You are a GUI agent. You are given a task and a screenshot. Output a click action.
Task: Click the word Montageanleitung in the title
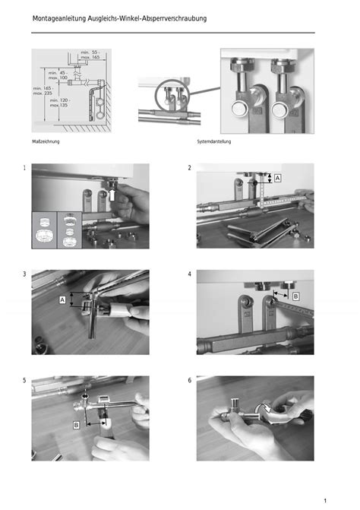coord(59,18)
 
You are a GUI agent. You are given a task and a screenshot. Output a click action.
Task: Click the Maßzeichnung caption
coord(46,142)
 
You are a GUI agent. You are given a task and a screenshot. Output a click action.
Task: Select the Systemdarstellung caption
coord(214,141)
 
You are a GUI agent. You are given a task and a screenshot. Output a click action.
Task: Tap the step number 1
coord(24,168)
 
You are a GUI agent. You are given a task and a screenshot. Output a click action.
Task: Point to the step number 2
coord(189,168)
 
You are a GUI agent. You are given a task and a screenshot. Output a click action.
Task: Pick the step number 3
coord(24,274)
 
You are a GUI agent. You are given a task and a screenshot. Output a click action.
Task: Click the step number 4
coord(189,274)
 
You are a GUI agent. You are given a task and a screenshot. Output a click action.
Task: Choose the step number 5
coord(24,380)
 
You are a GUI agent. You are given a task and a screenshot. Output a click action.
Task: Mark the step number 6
coord(189,380)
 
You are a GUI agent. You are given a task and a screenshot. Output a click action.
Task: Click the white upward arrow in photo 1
coord(112,195)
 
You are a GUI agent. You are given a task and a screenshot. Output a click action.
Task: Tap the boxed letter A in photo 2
coord(277,179)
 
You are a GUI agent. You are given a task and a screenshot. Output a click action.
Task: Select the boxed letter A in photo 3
coord(62,299)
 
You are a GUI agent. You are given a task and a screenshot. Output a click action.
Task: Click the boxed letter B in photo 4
coord(295,296)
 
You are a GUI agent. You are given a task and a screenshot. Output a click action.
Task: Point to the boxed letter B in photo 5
coord(76,425)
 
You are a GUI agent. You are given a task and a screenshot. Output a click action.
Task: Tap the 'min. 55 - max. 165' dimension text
coord(90,55)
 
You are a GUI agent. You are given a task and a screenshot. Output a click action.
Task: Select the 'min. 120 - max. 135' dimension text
coord(59,103)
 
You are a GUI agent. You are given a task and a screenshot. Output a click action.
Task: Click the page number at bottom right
coord(325,501)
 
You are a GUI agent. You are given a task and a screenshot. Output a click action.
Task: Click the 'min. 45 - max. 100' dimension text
coord(58,75)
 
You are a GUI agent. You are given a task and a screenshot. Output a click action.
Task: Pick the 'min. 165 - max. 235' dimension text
coord(43,90)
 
